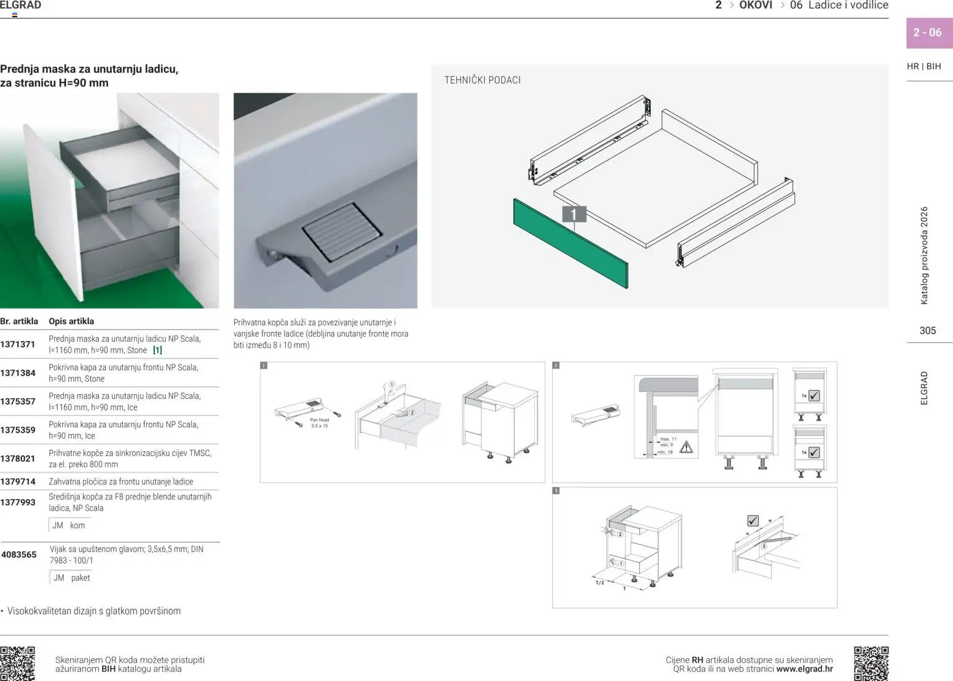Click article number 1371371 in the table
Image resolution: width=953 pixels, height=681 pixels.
point(18,344)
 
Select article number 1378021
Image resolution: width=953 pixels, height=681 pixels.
point(18,459)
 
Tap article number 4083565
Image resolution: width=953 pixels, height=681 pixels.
point(19,554)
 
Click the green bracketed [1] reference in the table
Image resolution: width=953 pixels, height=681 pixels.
point(157,350)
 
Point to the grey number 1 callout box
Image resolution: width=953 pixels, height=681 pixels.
point(574,214)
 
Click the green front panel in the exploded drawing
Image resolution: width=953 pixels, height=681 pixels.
point(570,242)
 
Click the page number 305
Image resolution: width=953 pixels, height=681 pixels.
point(927,331)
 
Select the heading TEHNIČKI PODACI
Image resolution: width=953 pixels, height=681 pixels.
point(482,80)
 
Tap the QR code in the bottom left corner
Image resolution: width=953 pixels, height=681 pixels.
point(18,663)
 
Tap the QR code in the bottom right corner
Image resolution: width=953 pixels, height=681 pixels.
point(871,663)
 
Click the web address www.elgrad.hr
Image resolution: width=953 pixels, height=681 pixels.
point(804,669)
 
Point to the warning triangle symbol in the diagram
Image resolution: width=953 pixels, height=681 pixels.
point(686,447)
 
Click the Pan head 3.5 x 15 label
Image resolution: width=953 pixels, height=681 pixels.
point(319,423)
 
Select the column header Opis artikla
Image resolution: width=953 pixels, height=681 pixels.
point(71,321)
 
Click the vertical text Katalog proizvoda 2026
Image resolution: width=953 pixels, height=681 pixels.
point(924,255)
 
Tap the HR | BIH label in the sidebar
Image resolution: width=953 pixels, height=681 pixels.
point(923,66)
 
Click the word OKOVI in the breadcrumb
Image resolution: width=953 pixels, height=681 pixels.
point(756,6)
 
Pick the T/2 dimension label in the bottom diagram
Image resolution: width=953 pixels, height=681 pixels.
point(599,583)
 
